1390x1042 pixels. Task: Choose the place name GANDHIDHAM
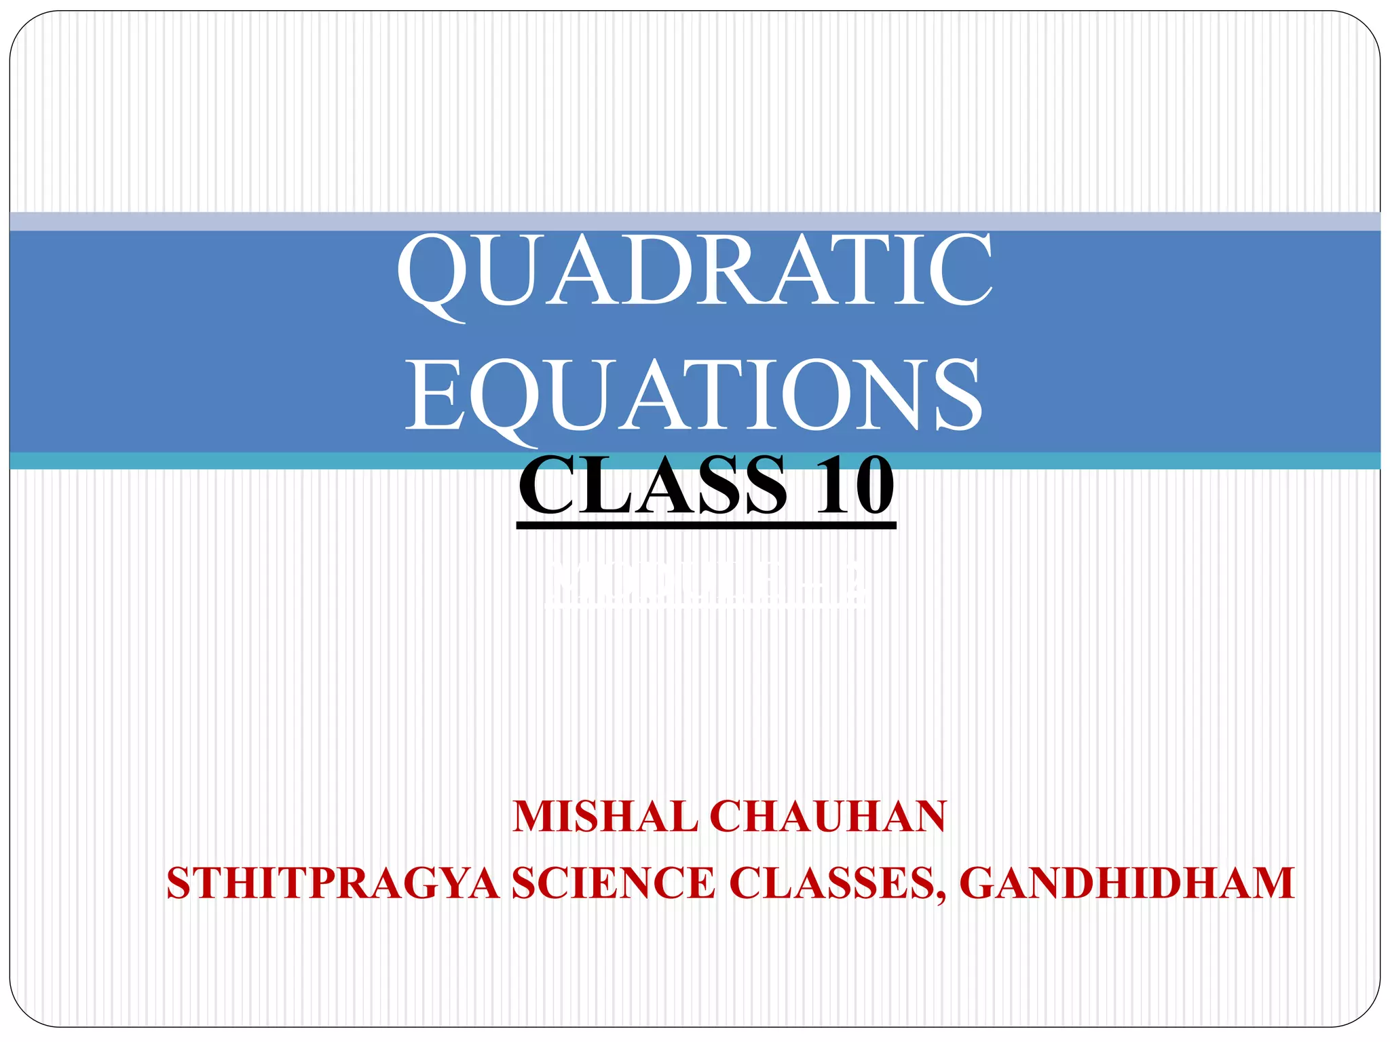pyautogui.click(x=1127, y=883)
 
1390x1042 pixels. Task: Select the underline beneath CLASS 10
pyautogui.click(x=706, y=524)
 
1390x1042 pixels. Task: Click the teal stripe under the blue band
pyautogui.click(x=271, y=461)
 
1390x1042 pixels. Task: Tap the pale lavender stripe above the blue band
pyautogui.click(x=271, y=221)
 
